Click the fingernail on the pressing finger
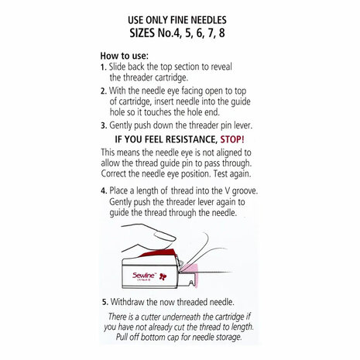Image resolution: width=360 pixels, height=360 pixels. (x=158, y=251)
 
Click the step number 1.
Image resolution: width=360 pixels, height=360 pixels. (x=103, y=68)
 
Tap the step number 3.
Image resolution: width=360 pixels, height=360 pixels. (x=103, y=124)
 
